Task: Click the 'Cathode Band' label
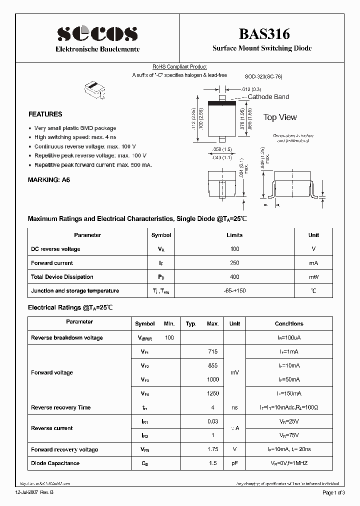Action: (268, 97)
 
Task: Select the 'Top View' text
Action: (280, 117)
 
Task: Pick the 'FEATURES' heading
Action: (45, 114)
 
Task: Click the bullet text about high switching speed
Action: (75, 137)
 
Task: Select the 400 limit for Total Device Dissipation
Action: (234, 277)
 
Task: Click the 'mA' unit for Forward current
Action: (313, 263)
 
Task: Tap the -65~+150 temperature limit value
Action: (234, 291)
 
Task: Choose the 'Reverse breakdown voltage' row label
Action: (67, 338)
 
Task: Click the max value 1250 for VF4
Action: (212, 394)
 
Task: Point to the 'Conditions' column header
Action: (289, 324)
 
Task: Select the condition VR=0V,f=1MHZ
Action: (289, 463)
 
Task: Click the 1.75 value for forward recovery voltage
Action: (212, 450)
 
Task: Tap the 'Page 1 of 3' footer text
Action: (334, 493)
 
